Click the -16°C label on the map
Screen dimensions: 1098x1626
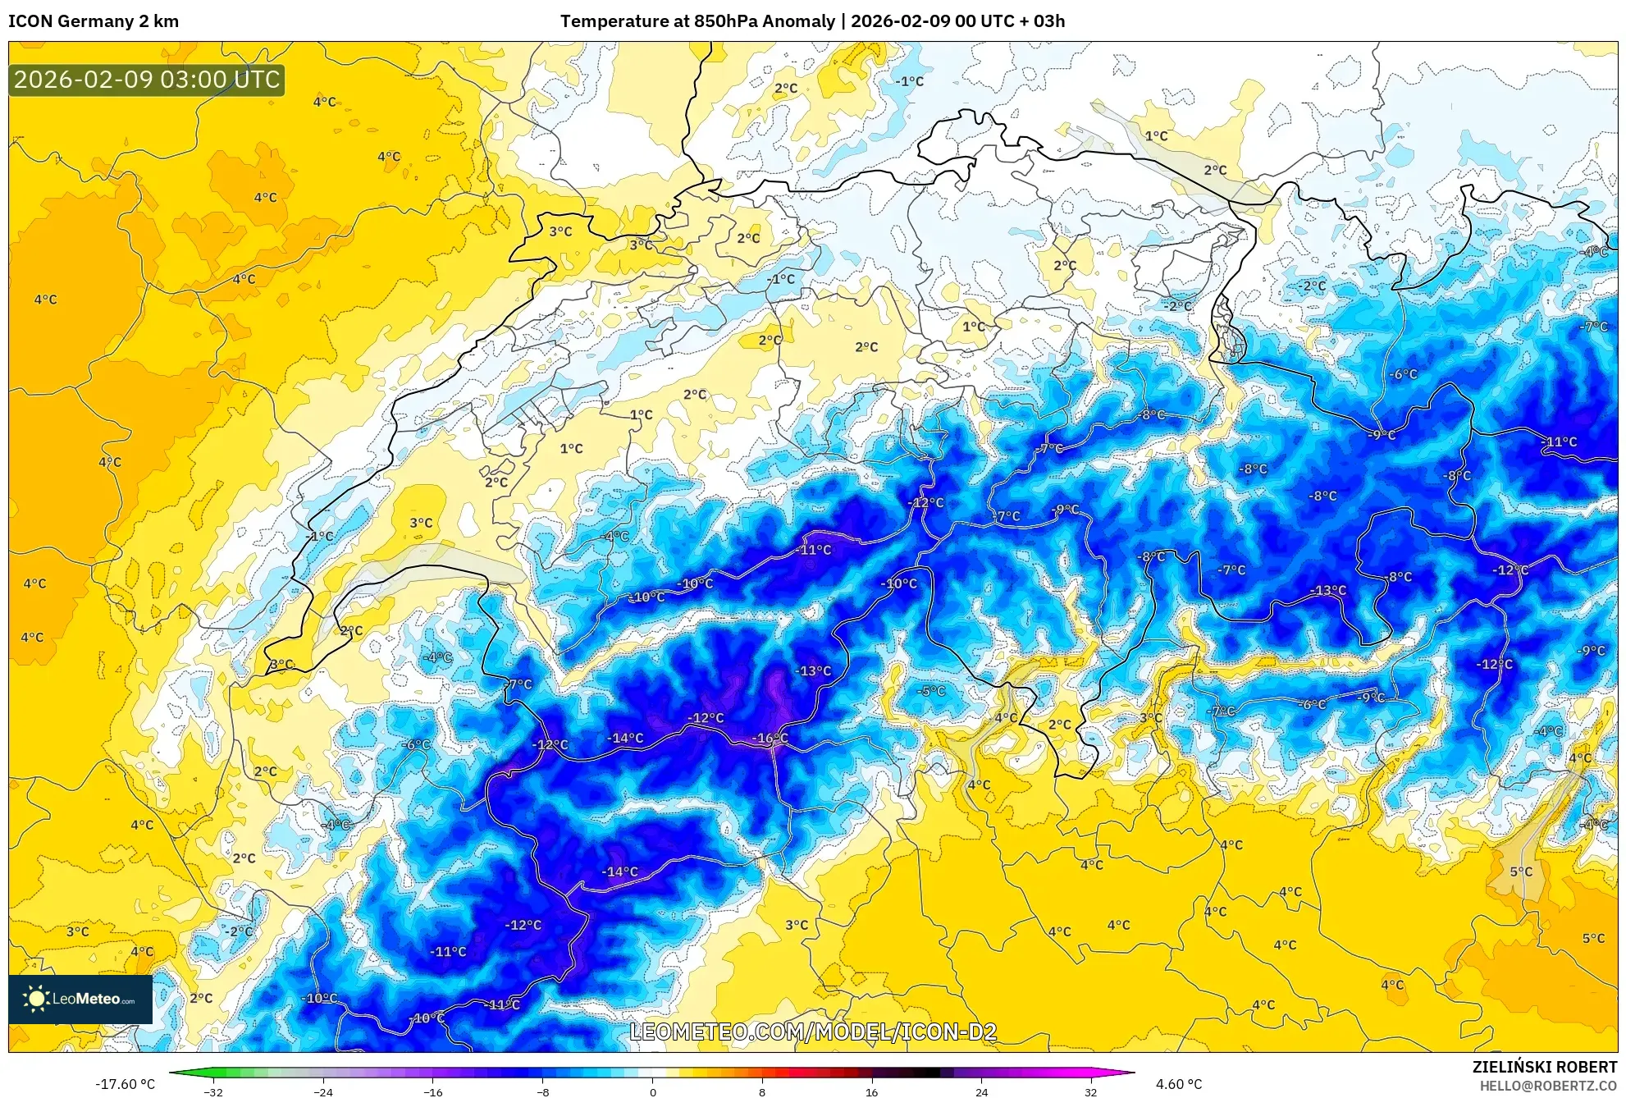coord(770,738)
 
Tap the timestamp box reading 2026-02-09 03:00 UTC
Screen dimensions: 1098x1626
coord(147,80)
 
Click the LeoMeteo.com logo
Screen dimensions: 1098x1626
coord(80,999)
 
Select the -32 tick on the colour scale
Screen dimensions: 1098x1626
coord(212,1091)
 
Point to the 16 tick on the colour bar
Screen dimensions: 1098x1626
coord(871,1091)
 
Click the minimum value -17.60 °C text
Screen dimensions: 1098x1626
coord(125,1084)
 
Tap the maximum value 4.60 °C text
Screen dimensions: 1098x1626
coord(1179,1084)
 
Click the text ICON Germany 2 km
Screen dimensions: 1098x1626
coord(94,21)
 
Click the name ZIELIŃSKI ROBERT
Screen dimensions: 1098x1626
coord(1544,1067)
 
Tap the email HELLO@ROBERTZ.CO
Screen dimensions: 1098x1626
coord(1547,1086)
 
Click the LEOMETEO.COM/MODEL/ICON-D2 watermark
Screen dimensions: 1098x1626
coord(812,1032)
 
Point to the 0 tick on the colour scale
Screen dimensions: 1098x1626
coord(652,1091)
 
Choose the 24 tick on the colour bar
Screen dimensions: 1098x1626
coord(981,1091)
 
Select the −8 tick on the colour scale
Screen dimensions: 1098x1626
coord(542,1091)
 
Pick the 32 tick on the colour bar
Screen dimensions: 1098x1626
coord(1090,1091)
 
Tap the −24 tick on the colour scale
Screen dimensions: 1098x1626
coord(322,1091)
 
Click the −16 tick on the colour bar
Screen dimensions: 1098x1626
coord(432,1091)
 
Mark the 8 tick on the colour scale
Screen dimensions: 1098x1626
coord(762,1091)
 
